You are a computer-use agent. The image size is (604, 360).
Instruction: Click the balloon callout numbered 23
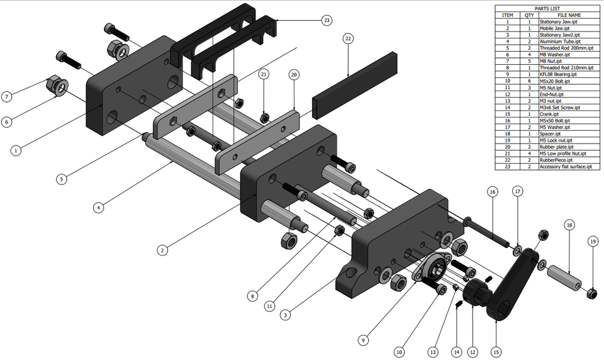click(326, 20)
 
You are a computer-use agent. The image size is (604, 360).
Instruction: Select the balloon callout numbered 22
click(348, 38)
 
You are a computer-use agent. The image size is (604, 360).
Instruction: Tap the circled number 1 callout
click(16, 150)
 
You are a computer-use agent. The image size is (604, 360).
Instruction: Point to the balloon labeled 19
click(593, 242)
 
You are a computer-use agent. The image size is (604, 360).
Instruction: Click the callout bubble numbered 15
click(496, 352)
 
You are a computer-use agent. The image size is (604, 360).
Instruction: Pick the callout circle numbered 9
click(362, 340)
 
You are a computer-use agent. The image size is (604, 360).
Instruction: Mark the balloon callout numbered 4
click(98, 206)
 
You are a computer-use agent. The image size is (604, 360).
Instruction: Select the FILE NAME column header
click(569, 15)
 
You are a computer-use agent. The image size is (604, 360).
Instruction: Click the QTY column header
click(528, 15)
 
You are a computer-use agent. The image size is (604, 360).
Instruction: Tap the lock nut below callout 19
click(591, 293)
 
